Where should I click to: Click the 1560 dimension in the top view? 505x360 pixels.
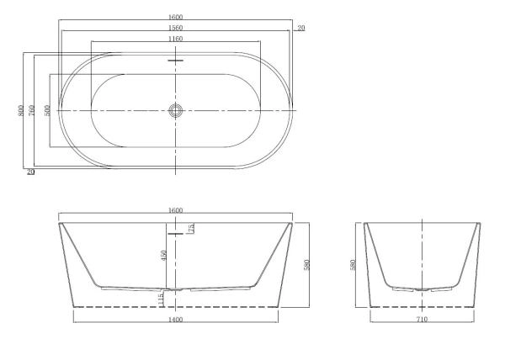tap(175, 28)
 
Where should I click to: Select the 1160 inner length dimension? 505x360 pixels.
tap(175, 39)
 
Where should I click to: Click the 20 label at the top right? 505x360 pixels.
tap(301, 29)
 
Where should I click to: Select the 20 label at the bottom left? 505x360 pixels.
tap(31, 172)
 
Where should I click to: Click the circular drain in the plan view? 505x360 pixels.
tap(175, 111)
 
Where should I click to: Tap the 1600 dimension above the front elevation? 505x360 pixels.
tap(175, 210)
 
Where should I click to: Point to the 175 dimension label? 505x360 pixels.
tap(192, 228)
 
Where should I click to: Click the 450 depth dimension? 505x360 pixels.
tap(165, 256)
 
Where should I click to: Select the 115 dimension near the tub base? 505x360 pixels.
tap(161, 297)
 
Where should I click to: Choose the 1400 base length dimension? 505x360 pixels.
tap(175, 320)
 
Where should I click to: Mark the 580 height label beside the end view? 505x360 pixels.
tap(353, 264)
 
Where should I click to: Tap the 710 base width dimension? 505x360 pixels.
tap(422, 320)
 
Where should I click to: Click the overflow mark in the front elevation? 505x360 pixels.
tap(175, 233)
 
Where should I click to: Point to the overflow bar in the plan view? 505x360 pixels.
tap(175, 61)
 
